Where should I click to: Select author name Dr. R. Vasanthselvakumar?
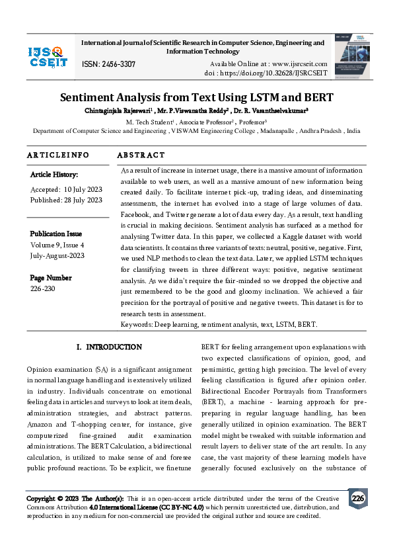tap(271, 110)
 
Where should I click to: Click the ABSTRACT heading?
tap(141, 155)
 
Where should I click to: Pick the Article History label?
tap(54, 175)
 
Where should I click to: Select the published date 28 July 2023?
tap(84, 200)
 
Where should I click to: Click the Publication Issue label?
tap(56, 234)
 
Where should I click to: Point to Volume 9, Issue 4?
tap(57, 244)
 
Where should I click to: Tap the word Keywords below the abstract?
tap(136, 325)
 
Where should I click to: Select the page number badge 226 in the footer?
tap(357, 497)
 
